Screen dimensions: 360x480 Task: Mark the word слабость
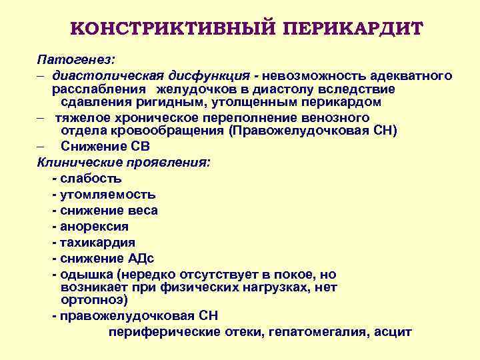(x=90, y=179)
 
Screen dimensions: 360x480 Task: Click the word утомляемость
(x=107, y=195)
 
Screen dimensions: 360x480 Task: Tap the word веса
(x=141, y=211)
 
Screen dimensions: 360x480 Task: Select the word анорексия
(x=94, y=227)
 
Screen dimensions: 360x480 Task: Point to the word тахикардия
(x=97, y=243)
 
